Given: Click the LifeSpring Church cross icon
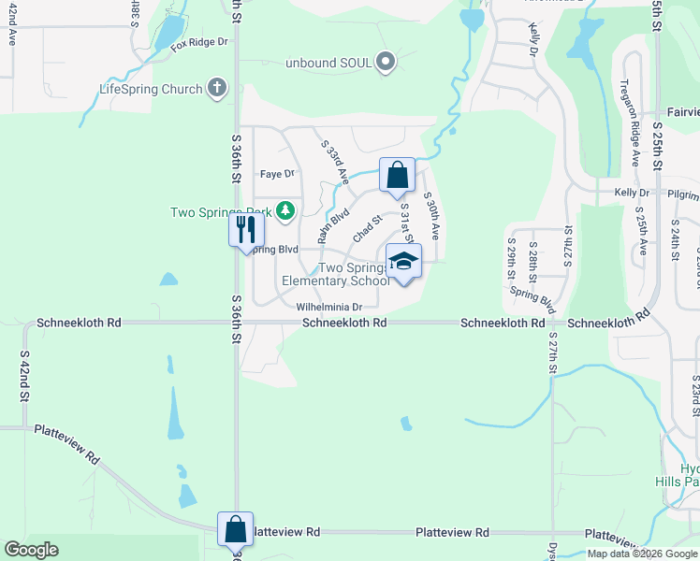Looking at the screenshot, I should point(217,89).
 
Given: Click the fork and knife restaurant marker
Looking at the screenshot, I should point(246,228).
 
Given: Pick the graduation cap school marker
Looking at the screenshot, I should point(403,263).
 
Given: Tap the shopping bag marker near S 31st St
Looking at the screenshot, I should point(397,175).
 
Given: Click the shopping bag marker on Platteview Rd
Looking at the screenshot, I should point(235,529).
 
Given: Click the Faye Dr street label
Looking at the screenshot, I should point(276,174).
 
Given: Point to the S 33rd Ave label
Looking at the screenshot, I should point(335,161).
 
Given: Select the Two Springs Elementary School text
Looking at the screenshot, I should point(336,274).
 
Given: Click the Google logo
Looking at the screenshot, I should point(32,550).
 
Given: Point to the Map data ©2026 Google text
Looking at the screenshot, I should point(641,554).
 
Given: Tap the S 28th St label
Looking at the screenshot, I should point(532,266).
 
